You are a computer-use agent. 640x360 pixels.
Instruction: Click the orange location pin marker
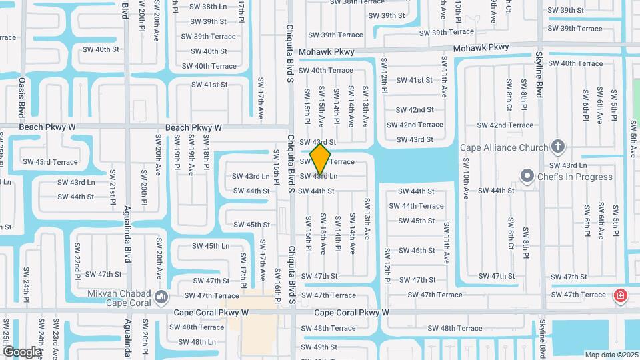coord(321,159)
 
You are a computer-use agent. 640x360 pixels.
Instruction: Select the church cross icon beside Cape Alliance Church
coord(558,147)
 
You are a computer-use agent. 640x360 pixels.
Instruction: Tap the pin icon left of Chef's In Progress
coord(527,177)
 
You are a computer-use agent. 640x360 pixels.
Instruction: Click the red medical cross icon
coord(620,295)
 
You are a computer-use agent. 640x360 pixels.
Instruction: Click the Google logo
coord(22,352)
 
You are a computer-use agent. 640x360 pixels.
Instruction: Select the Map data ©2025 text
coord(611,355)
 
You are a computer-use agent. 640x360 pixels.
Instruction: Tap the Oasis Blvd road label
coord(22,97)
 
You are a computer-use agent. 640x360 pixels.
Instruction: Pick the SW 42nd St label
coord(415,110)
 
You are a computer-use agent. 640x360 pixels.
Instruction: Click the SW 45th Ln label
coord(207,246)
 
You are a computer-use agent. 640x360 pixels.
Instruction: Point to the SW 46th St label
coord(417,251)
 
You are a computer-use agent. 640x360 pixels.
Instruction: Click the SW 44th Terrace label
coord(416,206)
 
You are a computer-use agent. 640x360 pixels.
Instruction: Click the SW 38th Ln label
coord(208,7)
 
